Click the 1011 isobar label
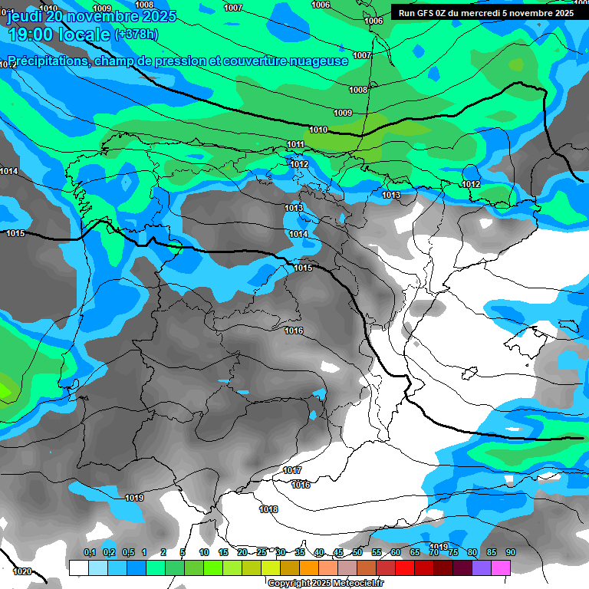click(x=296, y=144)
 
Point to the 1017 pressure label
click(x=292, y=470)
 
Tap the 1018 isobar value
click(x=268, y=509)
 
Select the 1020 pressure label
click(x=22, y=571)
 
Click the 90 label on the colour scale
click(x=510, y=553)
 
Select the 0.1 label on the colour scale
click(x=89, y=553)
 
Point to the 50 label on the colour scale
click(x=357, y=553)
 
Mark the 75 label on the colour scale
click(x=452, y=553)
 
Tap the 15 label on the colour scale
click(x=223, y=553)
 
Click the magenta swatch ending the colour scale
click(x=501, y=567)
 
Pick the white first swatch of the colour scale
click(x=78, y=567)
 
